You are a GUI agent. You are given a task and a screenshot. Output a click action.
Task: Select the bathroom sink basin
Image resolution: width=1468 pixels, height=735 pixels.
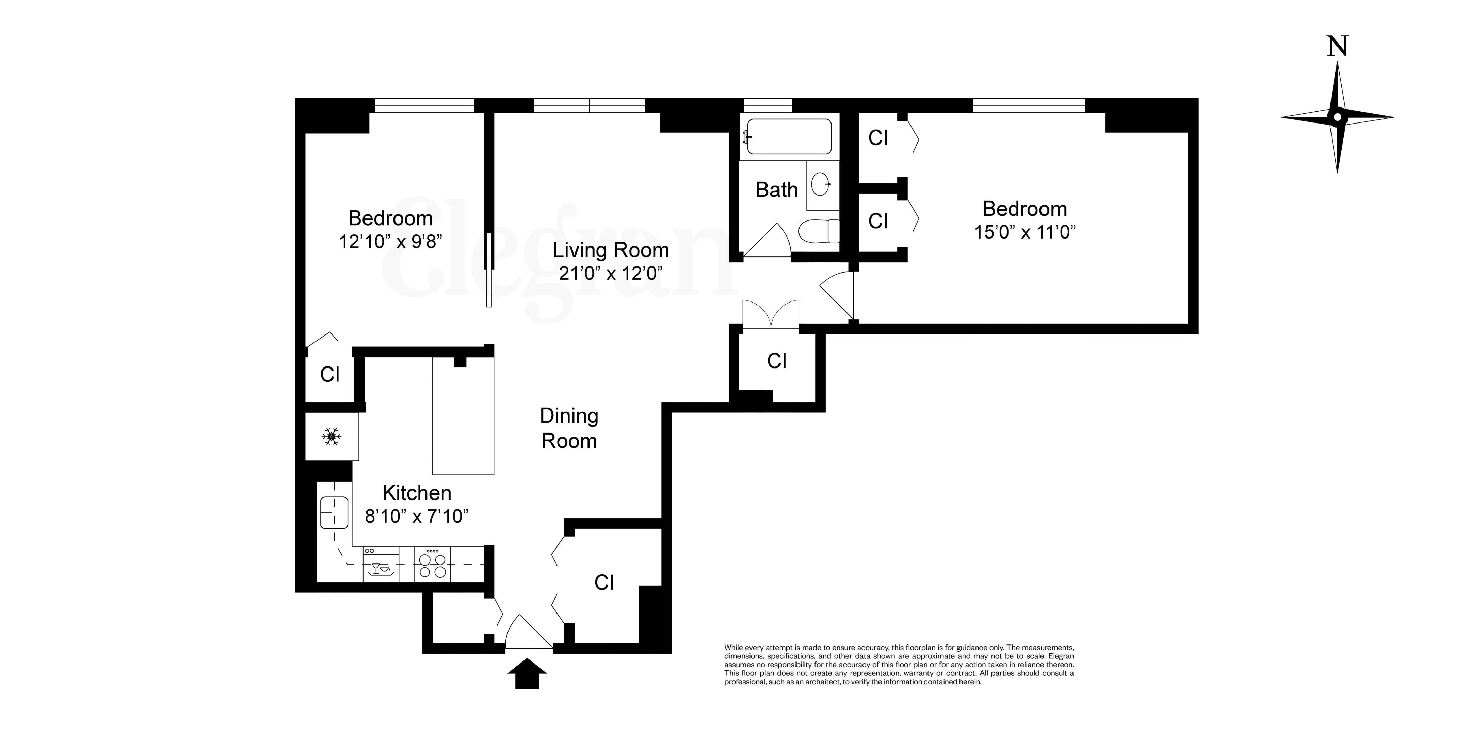pyautogui.click(x=821, y=184)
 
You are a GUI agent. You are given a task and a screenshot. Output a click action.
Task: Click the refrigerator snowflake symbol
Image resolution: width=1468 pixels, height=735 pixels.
pyautogui.click(x=332, y=437)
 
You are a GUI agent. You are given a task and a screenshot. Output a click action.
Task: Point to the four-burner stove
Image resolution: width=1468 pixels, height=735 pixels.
pyautogui.click(x=432, y=564)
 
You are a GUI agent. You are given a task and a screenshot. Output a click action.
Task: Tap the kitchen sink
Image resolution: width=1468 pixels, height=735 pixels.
pyautogui.click(x=334, y=513)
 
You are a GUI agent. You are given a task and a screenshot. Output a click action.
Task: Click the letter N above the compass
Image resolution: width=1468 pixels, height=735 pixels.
pyautogui.click(x=1337, y=47)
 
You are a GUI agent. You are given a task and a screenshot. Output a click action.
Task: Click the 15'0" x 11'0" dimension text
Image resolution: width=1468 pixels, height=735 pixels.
pyautogui.click(x=1025, y=232)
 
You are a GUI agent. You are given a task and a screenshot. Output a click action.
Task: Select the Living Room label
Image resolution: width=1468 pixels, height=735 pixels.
pyautogui.click(x=610, y=250)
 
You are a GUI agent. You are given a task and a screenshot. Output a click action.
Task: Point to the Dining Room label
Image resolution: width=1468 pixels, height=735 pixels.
pyautogui.click(x=569, y=428)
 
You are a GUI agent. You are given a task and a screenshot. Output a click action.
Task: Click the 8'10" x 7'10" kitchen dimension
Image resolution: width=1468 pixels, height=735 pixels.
pyautogui.click(x=417, y=516)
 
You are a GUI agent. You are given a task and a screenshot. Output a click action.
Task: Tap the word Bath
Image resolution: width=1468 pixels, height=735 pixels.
pyautogui.click(x=776, y=190)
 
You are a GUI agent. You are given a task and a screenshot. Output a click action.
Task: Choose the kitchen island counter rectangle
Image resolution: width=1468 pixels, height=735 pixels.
pyautogui.click(x=463, y=416)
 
